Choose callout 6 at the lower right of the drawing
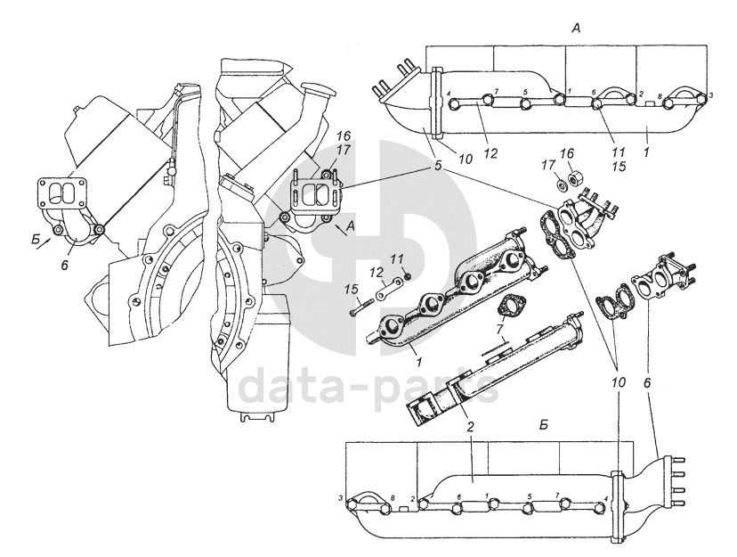[x=648, y=381]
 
